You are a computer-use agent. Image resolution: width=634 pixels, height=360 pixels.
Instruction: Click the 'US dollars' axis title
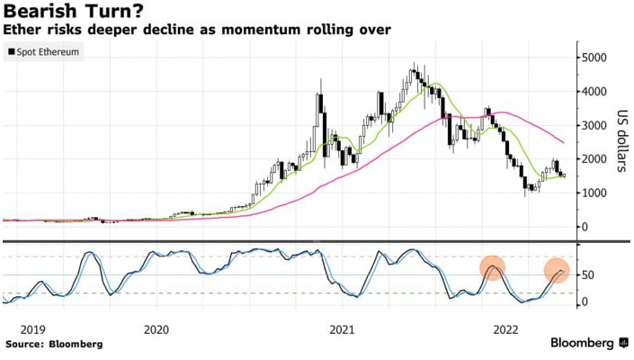[x=621, y=141]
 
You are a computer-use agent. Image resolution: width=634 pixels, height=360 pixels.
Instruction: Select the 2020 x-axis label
[x=156, y=329]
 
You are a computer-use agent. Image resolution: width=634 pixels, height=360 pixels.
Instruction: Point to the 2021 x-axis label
[x=342, y=329]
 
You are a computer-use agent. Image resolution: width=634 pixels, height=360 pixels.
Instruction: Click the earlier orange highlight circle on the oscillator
[x=492, y=267]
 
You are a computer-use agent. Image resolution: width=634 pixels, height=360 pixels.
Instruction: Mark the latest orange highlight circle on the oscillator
[x=557, y=270]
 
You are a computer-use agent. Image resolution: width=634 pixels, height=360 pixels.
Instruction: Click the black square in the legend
[x=11, y=52]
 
